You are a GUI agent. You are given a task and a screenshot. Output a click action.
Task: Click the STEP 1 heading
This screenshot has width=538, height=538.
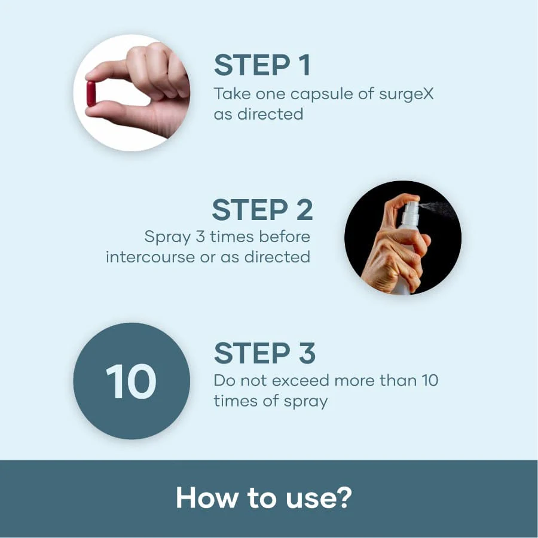pyautogui.click(x=262, y=65)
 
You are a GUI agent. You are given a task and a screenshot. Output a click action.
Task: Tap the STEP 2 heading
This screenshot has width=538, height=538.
pyautogui.click(x=262, y=210)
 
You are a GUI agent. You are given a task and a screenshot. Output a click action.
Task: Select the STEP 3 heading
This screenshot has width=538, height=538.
pyautogui.click(x=265, y=353)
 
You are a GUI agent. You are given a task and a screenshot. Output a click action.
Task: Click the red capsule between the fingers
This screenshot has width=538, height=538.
pyautogui.click(x=91, y=94)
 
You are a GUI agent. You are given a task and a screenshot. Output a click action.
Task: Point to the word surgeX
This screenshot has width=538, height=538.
pyautogui.click(x=406, y=94)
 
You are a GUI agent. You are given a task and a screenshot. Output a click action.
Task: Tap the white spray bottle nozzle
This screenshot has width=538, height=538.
pyautogui.click(x=410, y=210)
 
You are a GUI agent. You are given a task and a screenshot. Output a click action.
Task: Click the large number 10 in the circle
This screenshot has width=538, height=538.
pyautogui.click(x=131, y=381)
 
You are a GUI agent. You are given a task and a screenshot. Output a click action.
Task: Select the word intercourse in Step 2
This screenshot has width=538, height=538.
pyautogui.click(x=150, y=257)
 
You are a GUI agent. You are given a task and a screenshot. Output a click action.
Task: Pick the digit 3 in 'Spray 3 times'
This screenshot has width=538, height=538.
pyautogui.click(x=200, y=237)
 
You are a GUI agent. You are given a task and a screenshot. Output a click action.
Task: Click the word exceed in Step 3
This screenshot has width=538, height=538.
pyautogui.click(x=300, y=381)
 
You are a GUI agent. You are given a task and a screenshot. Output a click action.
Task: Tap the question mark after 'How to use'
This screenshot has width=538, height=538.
pyautogui.click(x=343, y=497)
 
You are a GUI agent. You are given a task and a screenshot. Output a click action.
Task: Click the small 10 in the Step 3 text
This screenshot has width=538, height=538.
pyautogui.click(x=430, y=381)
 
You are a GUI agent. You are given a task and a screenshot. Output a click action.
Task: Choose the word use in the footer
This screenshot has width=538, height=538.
pyautogui.click(x=309, y=499)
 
